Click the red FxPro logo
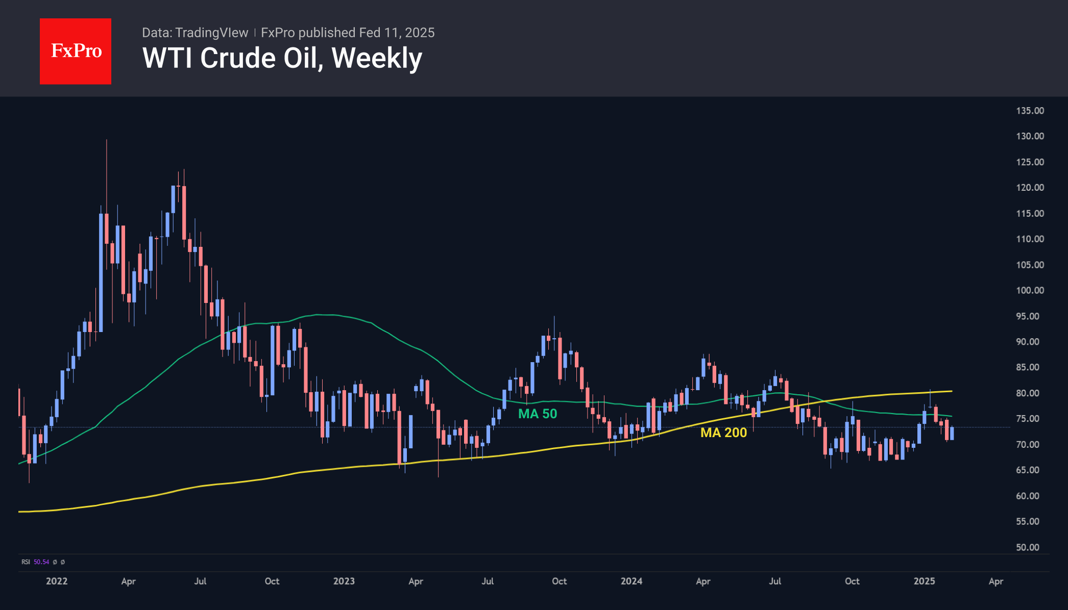click(76, 51)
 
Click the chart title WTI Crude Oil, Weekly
click(282, 58)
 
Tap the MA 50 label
click(538, 414)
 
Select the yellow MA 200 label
click(723, 433)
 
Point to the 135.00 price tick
click(1030, 111)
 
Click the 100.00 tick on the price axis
click(1030, 290)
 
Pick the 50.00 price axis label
click(1027, 547)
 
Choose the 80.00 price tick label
click(1027, 393)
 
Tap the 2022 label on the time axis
click(57, 581)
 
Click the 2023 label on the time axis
click(344, 581)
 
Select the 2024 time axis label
click(631, 581)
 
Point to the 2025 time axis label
click(924, 581)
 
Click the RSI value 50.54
click(41, 562)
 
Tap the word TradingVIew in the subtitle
click(211, 33)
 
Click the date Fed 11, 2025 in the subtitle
click(397, 33)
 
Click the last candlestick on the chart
click(952, 433)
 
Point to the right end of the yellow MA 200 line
click(951, 391)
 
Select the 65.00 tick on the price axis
click(1027, 470)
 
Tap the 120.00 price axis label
click(1030, 188)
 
